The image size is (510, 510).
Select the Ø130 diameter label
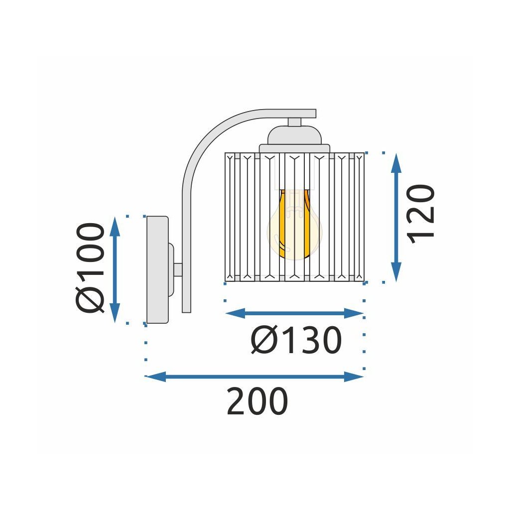pos(296,341)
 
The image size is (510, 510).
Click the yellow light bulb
pos(294,224)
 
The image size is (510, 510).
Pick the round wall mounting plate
pos(157,269)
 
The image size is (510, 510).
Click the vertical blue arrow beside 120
pos(396,218)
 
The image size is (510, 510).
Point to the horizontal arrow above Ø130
pos(294,313)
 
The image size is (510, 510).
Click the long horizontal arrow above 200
pos(255,377)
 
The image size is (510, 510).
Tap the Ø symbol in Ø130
pos(263,341)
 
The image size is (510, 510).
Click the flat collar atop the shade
pos(294,148)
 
